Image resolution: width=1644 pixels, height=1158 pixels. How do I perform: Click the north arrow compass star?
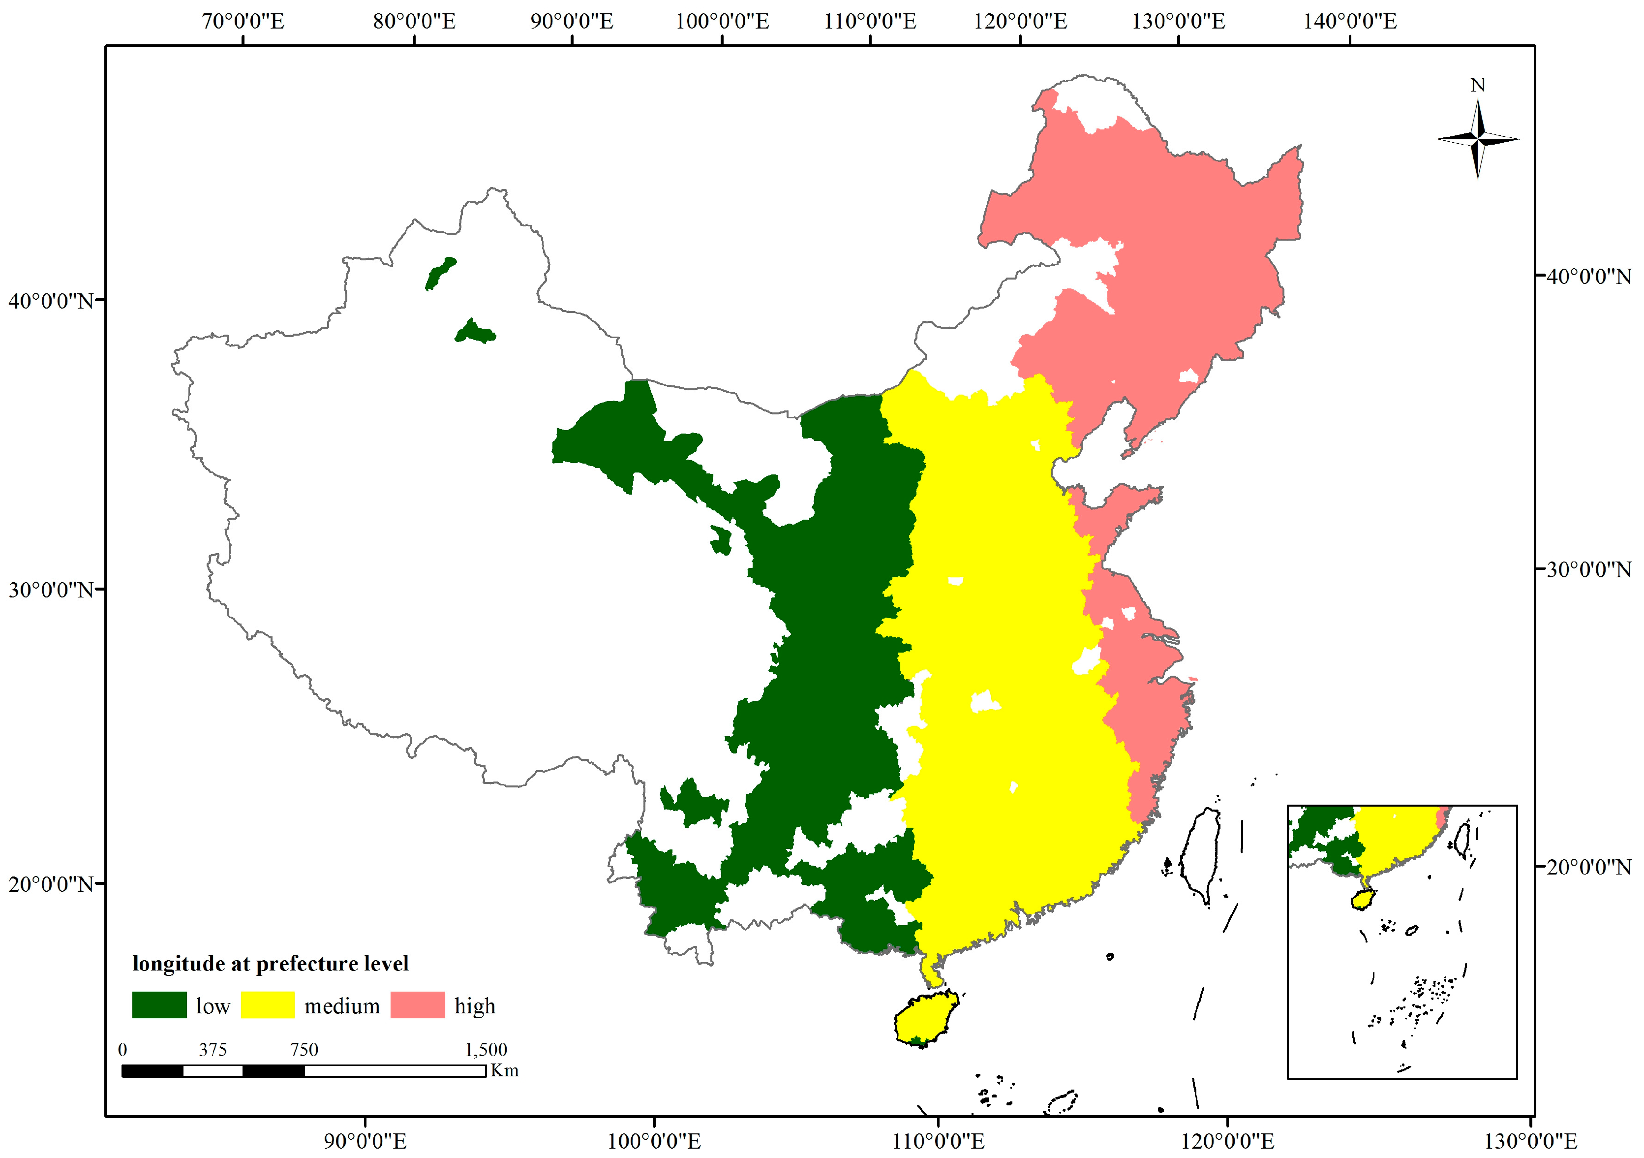pos(1478,139)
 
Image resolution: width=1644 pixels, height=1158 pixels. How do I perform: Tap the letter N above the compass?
pos(1478,85)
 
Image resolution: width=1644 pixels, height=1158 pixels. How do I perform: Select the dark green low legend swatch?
pos(159,1005)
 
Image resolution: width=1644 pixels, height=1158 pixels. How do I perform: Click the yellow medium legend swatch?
pos(267,1005)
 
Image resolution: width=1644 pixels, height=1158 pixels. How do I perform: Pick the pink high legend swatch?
pos(418,1005)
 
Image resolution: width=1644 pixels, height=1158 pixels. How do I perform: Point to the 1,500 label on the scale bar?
pos(486,1050)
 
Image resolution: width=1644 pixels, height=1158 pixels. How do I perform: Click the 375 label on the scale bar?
pos(213,1050)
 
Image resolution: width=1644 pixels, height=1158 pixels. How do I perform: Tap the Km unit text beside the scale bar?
pos(504,1070)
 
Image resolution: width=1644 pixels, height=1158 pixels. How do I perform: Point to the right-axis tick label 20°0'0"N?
pos(1588,867)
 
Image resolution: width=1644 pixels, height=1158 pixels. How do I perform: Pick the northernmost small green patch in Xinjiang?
pos(440,274)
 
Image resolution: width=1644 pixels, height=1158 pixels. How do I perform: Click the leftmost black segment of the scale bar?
pos(152,1070)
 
